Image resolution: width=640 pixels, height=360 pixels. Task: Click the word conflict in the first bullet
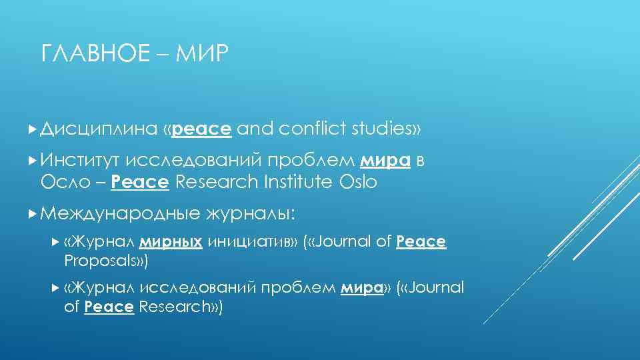tap(308, 129)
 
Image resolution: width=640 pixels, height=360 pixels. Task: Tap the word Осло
tap(63, 181)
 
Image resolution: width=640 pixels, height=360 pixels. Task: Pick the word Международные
tap(120, 213)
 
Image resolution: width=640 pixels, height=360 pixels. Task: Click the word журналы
tap(252, 213)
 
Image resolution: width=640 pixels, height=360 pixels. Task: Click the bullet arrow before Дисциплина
tap(33, 128)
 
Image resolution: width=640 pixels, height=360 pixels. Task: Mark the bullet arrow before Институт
tap(33, 160)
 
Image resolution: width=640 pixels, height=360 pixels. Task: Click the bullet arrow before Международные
tap(33, 213)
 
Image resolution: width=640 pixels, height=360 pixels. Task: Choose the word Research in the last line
tap(179, 306)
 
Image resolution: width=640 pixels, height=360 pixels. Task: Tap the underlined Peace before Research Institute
tap(139, 181)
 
